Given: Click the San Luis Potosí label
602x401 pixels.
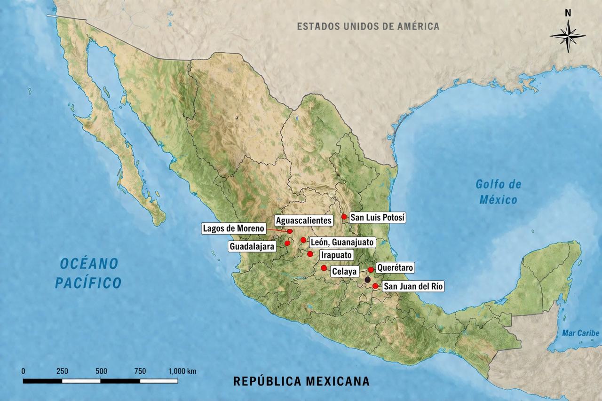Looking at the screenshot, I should tap(378, 218).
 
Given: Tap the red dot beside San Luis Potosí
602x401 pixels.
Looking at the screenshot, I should tap(344, 217).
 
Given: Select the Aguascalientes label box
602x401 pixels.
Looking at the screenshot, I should tap(304, 220).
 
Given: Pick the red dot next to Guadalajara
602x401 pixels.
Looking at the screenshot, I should tap(287, 243).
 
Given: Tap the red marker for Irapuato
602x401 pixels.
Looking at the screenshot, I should tap(310, 254).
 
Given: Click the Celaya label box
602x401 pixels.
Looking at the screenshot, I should tap(345, 272).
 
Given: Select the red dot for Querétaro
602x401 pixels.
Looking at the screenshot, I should tap(371, 269).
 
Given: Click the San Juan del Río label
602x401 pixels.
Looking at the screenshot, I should tap(413, 286).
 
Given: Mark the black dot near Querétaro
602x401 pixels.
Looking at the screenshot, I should tap(367, 279).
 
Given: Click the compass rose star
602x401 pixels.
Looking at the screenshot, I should tap(568, 36).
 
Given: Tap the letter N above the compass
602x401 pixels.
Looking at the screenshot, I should tap(568, 13).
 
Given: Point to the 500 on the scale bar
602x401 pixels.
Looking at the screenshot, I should tap(101, 371).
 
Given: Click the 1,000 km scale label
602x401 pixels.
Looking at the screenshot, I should tap(182, 371).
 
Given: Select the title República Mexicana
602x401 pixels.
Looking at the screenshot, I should tap(301, 381).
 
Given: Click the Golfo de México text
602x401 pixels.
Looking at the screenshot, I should tap(498, 192).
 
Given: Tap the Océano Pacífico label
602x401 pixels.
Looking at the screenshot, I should tap(88, 273).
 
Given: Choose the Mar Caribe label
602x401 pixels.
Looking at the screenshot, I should tap(581, 333).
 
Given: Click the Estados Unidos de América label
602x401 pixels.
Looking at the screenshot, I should tap(368, 26).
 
